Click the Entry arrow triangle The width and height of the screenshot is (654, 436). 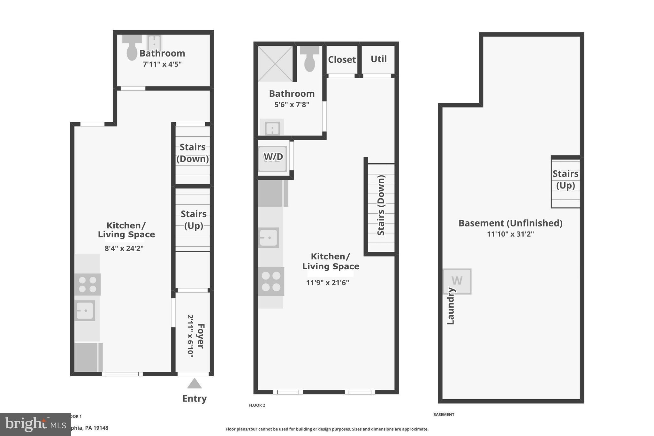194,384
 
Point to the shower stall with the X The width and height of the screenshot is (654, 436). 275,63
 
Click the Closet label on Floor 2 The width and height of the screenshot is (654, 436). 342,59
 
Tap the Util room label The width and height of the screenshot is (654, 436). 378,59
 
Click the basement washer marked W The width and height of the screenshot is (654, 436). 457,281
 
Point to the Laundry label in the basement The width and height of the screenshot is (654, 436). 450,306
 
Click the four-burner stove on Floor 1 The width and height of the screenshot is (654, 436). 87,284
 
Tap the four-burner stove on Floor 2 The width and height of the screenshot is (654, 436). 271,281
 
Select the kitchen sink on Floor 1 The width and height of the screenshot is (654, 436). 85,310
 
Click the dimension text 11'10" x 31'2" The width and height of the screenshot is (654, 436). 510,234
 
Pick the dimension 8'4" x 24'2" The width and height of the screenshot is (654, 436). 124,248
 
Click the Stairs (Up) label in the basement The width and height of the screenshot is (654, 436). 565,180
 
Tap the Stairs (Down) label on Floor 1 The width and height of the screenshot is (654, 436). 193,153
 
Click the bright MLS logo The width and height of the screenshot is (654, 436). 35,424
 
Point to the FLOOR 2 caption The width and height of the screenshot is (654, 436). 257,405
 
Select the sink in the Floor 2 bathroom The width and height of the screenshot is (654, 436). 272,129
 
